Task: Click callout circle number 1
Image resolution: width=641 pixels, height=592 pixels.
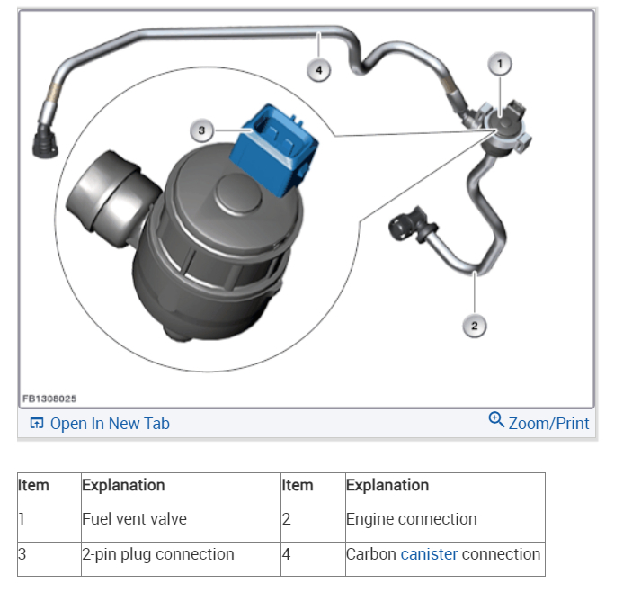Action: click(x=500, y=63)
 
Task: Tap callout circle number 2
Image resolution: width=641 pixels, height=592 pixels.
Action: click(x=475, y=326)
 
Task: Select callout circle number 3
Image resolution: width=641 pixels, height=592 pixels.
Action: click(x=202, y=131)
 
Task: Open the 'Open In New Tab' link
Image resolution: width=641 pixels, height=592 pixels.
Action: click(x=100, y=423)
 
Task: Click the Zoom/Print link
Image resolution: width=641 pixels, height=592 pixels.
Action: click(x=548, y=423)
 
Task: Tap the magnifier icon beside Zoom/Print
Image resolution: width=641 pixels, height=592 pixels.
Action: click(x=496, y=420)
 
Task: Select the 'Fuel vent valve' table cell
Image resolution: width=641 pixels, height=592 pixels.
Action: click(x=180, y=519)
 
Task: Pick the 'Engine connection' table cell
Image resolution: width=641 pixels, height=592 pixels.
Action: click(x=444, y=519)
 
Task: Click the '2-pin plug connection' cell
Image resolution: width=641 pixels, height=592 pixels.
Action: click(x=180, y=553)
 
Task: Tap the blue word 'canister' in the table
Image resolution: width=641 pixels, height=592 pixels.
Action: click(x=429, y=553)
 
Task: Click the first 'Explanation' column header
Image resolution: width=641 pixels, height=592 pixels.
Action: click(x=123, y=485)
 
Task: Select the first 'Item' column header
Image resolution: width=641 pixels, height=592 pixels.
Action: click(x=34, y=485)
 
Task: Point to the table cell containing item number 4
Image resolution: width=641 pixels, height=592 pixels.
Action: click(x=312, y=553)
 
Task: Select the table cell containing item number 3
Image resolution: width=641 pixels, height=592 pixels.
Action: click(x=49, y=553)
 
